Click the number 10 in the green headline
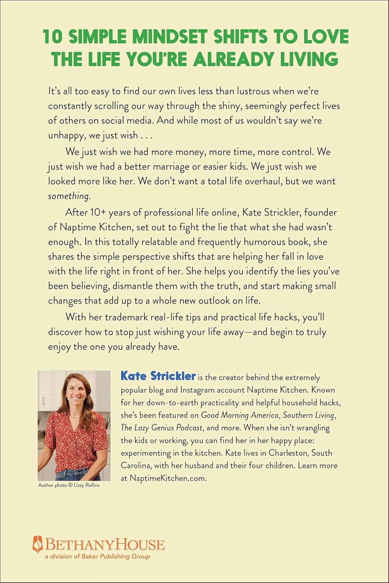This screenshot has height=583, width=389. (53, 37)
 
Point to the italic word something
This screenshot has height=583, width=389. (69, 196)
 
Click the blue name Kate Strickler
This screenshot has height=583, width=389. (158, 376)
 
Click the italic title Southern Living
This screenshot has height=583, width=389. (309, 415)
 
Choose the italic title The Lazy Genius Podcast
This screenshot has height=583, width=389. (161, 428)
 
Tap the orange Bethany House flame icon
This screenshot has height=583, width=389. (38, 544)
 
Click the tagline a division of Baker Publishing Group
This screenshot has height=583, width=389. (97, 557)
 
